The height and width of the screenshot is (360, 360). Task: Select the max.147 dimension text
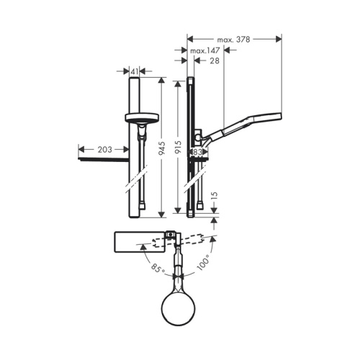(204, 51)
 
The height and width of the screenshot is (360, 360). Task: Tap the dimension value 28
(215, 63)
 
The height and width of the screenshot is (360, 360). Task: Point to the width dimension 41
(135, 71)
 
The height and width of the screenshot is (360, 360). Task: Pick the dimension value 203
(104, 150)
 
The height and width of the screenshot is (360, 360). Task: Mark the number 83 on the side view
(198, 153)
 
